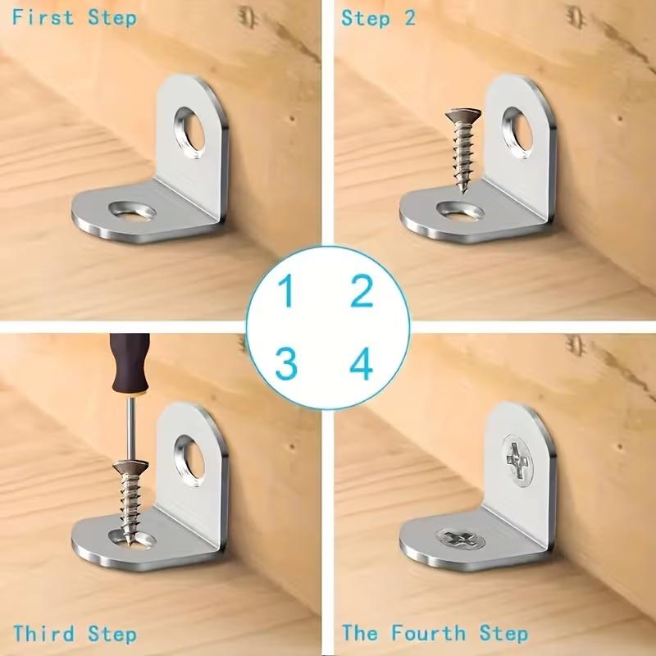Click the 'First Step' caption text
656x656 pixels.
(74, 17)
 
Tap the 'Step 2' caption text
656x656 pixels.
(378, 17)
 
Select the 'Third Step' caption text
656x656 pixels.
(75, 634)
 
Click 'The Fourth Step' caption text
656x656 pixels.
(435, 634)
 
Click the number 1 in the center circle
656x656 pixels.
(286, 292)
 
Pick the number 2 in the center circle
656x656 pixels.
(362, 292)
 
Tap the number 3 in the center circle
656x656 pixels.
(286, 363)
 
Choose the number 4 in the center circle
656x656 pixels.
(362, 363)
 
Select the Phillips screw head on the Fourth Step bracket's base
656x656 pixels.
(460, 539)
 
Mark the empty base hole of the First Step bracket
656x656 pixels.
(132, 212)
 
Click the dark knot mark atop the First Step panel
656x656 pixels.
(247, 16)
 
